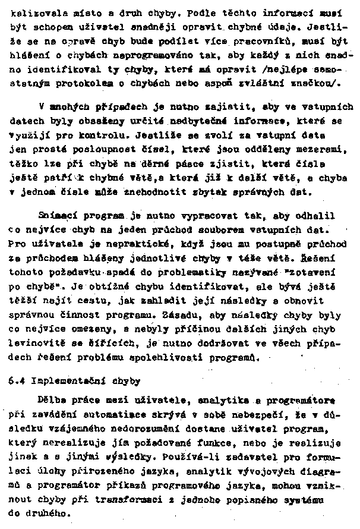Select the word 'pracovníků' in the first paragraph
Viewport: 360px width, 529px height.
(x=261, y=43)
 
